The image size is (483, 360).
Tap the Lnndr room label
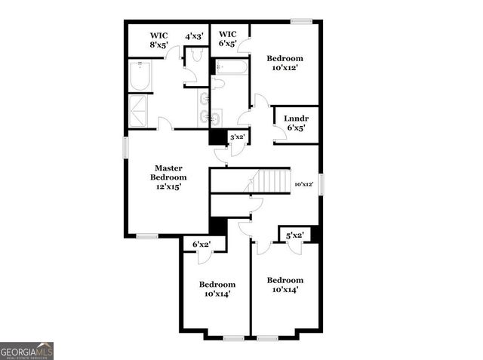[295, 123]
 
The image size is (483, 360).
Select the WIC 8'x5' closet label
[158, 40]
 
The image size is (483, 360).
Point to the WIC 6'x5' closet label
[228, 38]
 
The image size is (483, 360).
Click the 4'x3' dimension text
[195, 35]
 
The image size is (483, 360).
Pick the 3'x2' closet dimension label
[238, 137]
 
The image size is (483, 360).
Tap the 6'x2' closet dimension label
[202, 245]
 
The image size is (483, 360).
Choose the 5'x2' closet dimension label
[294, 236]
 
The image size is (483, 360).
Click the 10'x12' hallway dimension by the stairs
[304, 183]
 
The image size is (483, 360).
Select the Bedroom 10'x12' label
[285, 63]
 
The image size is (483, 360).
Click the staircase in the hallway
[270, 181]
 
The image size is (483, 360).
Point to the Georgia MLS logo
[27, 351]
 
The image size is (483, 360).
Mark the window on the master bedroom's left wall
[126, 147]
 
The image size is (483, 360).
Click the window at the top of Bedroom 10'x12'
[301, 21]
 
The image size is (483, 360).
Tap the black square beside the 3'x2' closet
[218, 137]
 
